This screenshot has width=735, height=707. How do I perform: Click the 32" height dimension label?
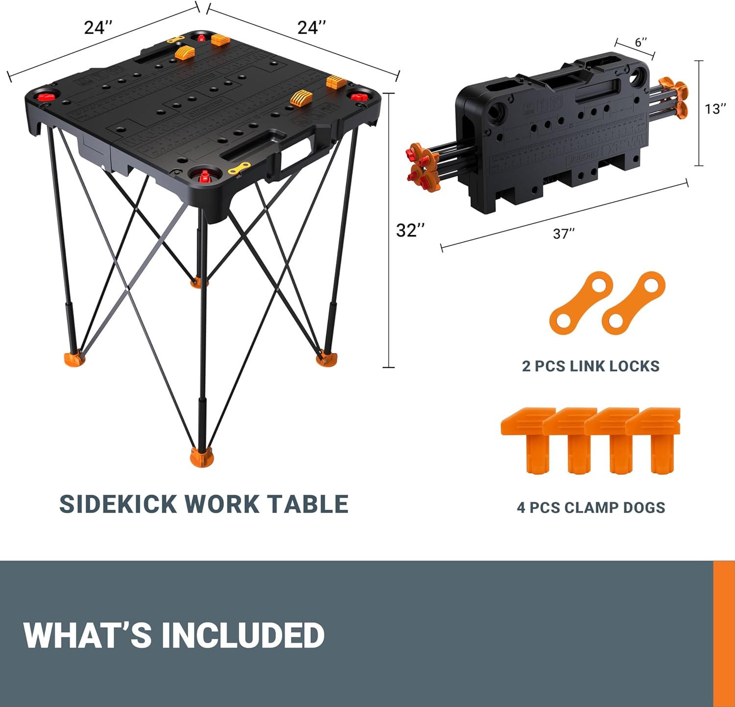(410, 231)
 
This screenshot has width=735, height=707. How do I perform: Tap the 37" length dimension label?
(563, 234)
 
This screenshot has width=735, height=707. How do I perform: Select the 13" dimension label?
(715, 109)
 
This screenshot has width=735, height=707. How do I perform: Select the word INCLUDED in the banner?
(243, 635)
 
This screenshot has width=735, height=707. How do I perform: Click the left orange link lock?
(581, 303)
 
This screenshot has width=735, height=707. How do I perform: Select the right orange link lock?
(634, 303)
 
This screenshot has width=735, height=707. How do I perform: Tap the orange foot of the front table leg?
(202, 458)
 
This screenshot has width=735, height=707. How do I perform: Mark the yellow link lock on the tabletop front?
(239, 169)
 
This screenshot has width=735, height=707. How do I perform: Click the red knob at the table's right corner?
(362, 95)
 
